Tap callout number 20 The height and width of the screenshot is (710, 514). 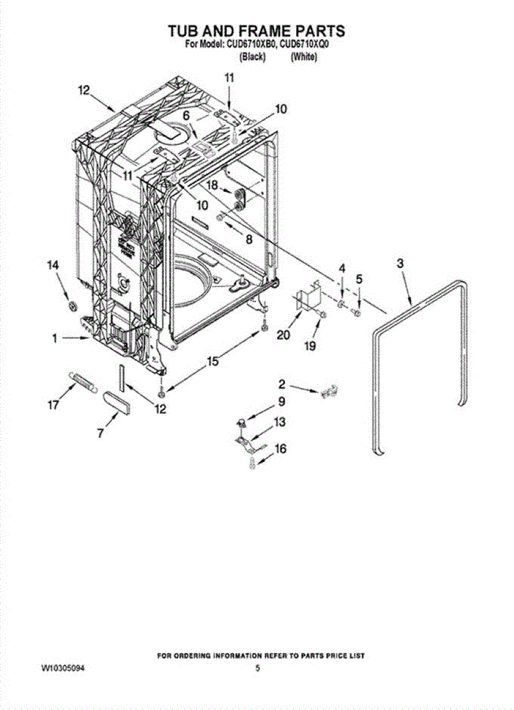point(283,334)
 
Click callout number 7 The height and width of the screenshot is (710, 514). point(101,433)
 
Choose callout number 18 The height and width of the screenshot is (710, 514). point(211,185)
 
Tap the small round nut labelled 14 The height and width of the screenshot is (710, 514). point(73,305)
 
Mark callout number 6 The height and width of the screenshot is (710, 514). point(185,117)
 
